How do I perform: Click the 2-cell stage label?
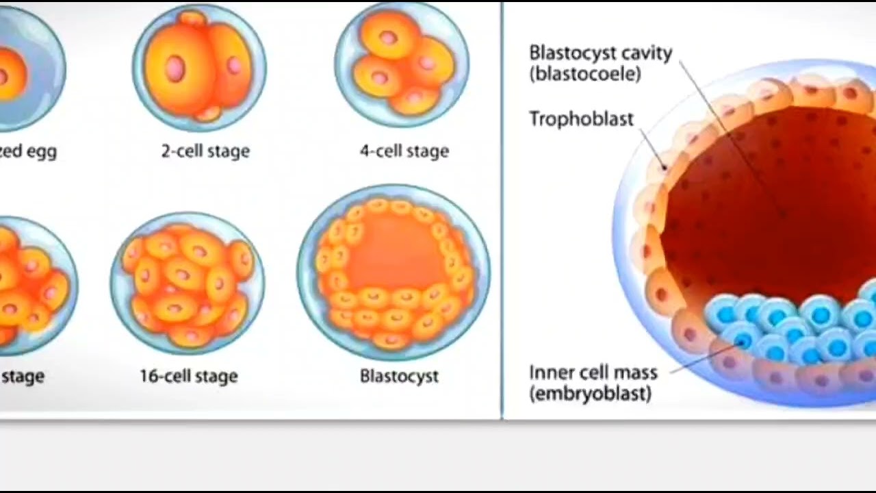pyautogui.click(x=205, y=151)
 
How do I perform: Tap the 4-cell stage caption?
pyautogui.click(x=404, y=151)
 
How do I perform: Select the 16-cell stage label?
pyautogui.click(x=189, y=376)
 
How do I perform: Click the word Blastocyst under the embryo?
pyautogui.click(x=399, y=376)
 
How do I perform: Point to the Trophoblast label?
pyautogui.click(x=582, y=119)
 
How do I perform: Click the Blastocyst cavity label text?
pyautogui.click(x=601, y=53)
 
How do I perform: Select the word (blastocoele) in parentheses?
pyautogui.click(x=585, y=74)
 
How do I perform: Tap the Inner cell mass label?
pyautogui.click(x=593, y=373)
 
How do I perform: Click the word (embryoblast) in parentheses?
pyautogui.click(x=590, y=394)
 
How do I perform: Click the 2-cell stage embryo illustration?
pyautogui.click(x=199, y=66)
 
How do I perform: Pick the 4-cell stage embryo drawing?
pyautogui.click(x=402, y=65)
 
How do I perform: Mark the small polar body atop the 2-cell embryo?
pyautogui.click(x=192, y=18)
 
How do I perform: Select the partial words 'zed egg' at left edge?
pyautogui.click(x=28, y=151)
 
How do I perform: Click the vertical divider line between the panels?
pyautogui.click(x=502, y=205)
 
